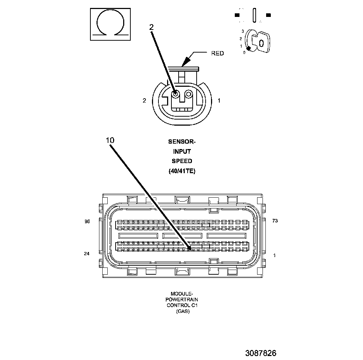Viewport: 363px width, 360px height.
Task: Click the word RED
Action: point(217,53)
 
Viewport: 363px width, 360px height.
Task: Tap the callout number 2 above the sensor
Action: point(152,27)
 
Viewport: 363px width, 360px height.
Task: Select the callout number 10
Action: point(110,140)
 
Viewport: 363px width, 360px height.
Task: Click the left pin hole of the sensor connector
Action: point(175,94)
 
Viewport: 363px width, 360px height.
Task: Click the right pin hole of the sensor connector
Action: point(188,94)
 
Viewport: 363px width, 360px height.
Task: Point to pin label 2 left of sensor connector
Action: point(144,101)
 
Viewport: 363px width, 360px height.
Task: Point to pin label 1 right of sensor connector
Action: point(219,101)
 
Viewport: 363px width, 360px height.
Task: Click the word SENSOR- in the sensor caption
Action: point(182,141)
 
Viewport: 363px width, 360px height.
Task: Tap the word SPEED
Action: point(182,161)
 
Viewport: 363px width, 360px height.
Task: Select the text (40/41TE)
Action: point(182,171)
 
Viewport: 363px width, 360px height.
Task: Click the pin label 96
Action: point(87,222)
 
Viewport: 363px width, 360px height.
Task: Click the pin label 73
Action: point(275,221)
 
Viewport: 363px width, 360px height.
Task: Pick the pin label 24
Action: point(86,254)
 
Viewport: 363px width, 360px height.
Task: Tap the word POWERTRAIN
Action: point(182,300)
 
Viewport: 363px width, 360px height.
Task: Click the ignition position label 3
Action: point(243,31)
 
